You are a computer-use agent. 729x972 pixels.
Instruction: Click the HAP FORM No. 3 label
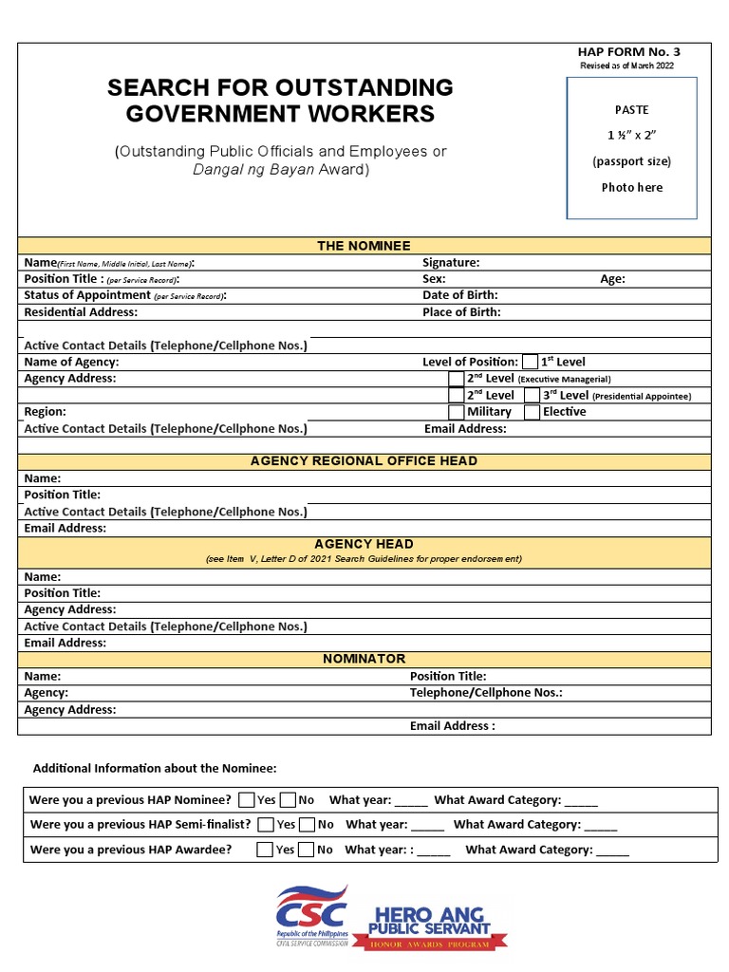tap(628, 52)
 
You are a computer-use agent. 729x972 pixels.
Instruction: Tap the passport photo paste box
tap(632, 148)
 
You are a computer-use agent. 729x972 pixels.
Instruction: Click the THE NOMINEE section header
tap(364, 246)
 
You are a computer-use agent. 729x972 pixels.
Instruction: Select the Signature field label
tap(451, 263)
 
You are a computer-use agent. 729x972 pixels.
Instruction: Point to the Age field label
tap(612, 279)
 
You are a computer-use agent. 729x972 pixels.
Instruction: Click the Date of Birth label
tap(460, 295)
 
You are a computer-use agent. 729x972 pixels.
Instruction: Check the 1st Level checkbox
tap(530, 362)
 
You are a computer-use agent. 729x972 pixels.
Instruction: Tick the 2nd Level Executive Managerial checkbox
tap(457, 379)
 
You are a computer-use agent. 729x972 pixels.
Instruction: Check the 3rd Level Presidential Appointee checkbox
tap(533, 395)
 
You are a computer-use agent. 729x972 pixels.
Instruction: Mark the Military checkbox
tap(457, 412)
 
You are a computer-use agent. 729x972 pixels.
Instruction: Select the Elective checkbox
tap(533, 412)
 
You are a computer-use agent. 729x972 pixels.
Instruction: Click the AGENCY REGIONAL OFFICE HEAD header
tap(364, 461)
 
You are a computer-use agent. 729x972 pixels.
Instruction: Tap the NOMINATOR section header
tap(364, 659)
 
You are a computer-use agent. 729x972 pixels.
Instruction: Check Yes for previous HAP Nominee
tap(247, 799)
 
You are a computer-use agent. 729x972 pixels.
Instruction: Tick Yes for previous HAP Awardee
tap(265, 850)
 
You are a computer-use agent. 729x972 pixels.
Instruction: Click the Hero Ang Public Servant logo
tap(433, 926)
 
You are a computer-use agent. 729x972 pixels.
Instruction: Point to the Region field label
tap(45, 412)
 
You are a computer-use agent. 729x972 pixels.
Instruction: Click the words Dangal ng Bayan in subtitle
tap(252, 170)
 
